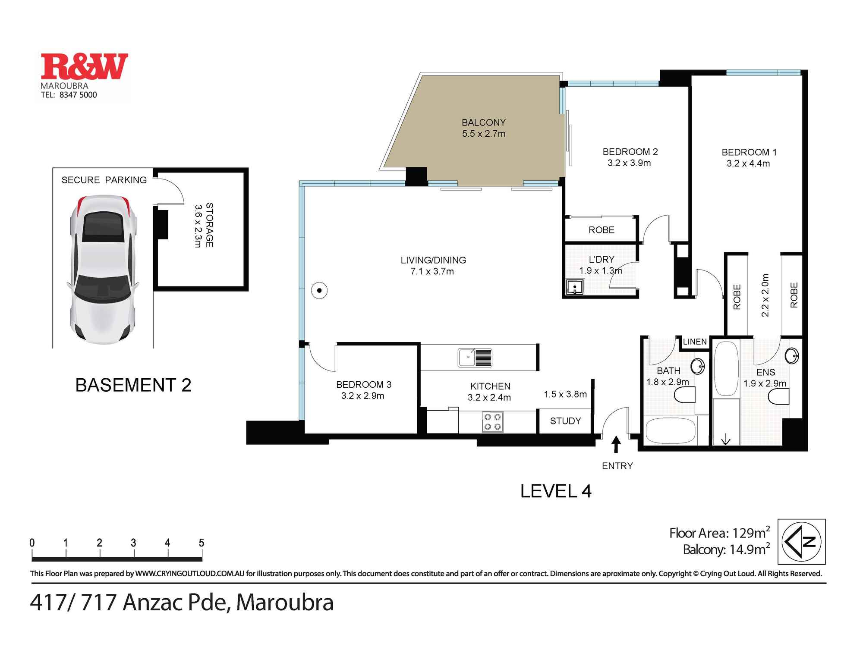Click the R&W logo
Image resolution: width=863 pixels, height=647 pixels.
[84, 67]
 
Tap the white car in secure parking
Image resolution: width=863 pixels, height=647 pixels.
[103, 270]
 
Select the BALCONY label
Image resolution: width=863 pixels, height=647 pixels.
[483, 122]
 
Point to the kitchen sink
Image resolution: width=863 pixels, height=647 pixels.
[475, 358]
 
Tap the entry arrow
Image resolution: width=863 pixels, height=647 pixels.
[616, 444]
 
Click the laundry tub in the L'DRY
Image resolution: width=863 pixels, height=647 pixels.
[575, 287]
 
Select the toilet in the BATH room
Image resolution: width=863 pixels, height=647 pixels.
[685, 395]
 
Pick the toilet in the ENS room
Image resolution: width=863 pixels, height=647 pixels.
[779, 396]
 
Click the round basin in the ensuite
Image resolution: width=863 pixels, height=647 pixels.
[792, 356]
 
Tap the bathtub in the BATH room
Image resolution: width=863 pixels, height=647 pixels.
[670, 430]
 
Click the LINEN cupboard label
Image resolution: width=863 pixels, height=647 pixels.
[695, 342]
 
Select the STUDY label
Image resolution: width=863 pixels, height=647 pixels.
[565, 421]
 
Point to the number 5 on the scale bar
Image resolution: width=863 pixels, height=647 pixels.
[201, 543]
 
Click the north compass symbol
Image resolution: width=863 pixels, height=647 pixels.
[801, 542]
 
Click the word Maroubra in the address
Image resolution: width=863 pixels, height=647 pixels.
[285, 603]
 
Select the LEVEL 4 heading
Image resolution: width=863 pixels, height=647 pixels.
[556, 491]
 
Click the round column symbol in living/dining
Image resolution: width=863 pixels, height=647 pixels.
[319, 290]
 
